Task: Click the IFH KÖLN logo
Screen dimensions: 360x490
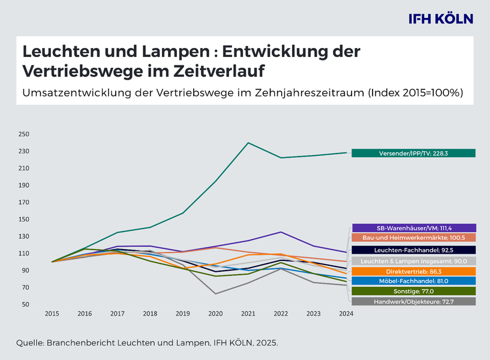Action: tap(441, 19)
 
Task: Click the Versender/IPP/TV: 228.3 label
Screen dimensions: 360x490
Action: tap(413, 153)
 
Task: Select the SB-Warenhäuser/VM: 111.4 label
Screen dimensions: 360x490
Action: tap(413, 228)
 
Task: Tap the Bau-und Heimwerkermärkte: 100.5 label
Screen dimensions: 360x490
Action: tap(413, 238)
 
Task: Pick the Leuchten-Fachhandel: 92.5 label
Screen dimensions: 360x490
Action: tap(413, 250)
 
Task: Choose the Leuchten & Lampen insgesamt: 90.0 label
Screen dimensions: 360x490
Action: tap(413, 261)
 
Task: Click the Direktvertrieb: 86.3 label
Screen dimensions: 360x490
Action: tap(413, 271)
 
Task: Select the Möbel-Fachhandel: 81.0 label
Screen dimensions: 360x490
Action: tap(413, 280)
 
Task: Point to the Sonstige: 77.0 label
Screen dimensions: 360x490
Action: tap(413, 291)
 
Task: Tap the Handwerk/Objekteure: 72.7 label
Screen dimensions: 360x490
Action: tap(413, 301)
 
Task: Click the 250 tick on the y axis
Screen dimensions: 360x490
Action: tap(25, 134)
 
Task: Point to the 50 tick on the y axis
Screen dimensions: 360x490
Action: tap(26, 305)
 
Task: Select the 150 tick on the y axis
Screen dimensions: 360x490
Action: tap(25, 220)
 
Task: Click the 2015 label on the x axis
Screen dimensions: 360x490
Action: tap(52, 314)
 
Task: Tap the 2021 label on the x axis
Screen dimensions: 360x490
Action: tap(248, 314)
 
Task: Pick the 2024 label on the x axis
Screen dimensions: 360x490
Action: tap(345, 314)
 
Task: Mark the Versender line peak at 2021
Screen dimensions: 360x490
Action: tap(248, 143)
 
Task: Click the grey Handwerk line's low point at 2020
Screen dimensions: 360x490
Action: tap(215, 294)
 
